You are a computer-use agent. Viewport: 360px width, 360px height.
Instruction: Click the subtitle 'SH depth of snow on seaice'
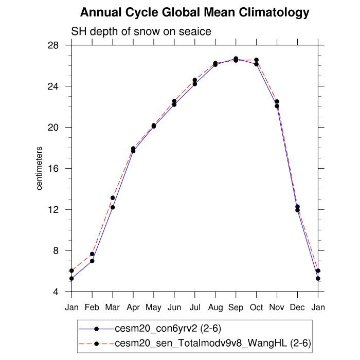[x=141, y=32]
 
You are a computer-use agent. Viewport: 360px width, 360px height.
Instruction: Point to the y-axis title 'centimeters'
[x=40, y=168]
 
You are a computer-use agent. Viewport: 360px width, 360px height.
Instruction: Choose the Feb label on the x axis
[x=92, y=308]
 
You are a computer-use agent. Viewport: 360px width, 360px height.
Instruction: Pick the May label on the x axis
[x=154, y=308]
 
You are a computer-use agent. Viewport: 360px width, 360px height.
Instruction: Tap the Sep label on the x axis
[x=236, y=308]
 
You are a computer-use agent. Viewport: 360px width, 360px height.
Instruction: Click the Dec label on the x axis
[x=298, y=308]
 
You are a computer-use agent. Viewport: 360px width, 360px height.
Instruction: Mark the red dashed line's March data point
[x=113, y=198]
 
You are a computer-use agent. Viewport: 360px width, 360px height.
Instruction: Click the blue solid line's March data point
[x=113, y=207]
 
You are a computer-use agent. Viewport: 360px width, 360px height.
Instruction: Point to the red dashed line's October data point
[x=257, y=60]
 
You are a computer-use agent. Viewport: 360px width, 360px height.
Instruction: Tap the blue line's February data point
[x=92, y=261]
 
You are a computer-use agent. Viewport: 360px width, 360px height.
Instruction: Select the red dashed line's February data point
[x=92, y=254]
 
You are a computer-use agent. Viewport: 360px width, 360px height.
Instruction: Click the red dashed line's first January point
[x=72, y=271]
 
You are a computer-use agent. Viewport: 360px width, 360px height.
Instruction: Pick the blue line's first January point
[x=72, y=279]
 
